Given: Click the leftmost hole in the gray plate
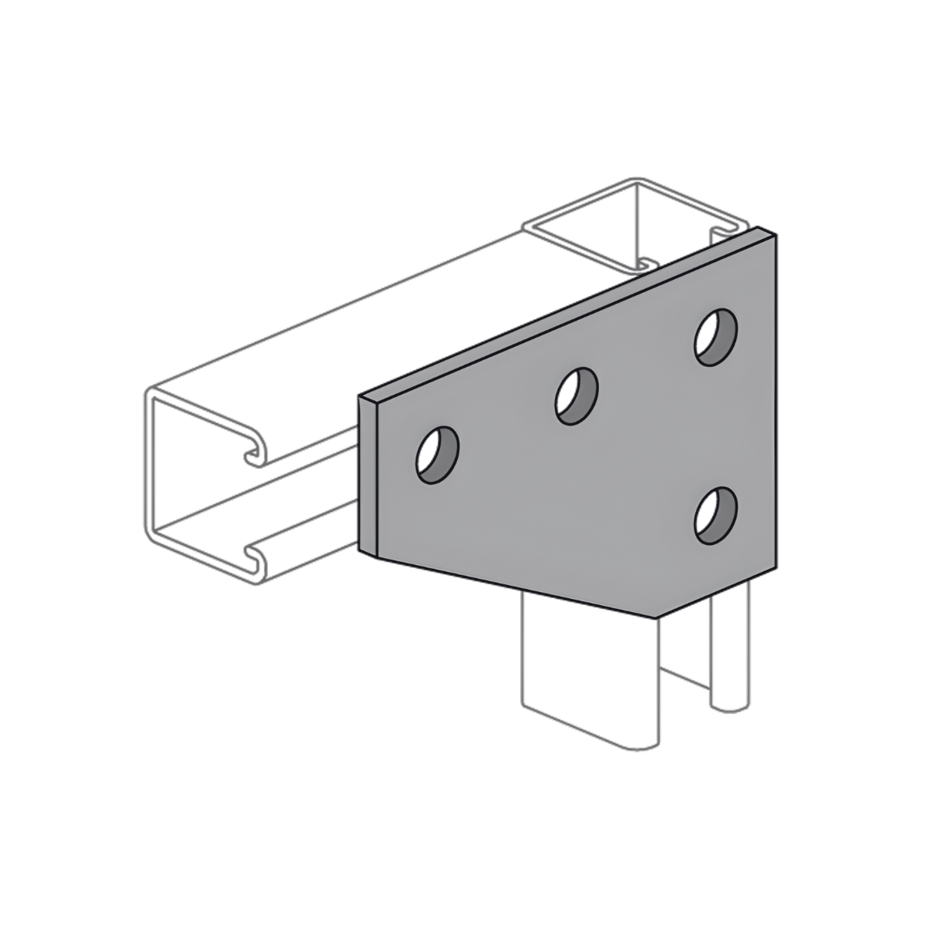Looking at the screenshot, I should click(x=437, y=455).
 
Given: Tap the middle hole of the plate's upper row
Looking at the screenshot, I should click(x=577, y=396).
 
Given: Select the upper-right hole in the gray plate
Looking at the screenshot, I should click(x=716, y=337).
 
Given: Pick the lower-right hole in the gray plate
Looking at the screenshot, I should click(x=715, y=515).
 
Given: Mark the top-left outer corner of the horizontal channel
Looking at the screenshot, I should click(x=146, y=395).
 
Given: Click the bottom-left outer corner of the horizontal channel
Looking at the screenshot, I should click(x=146, y=532).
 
